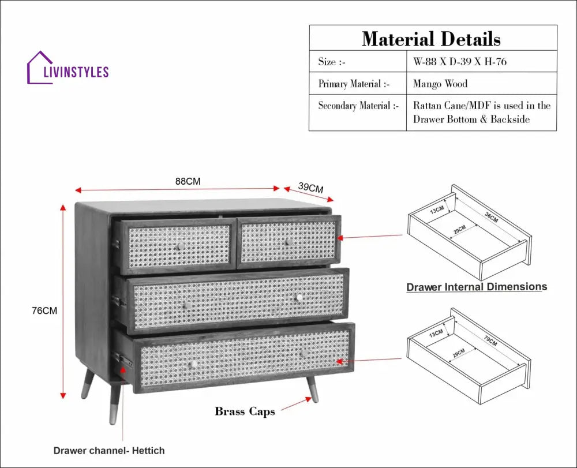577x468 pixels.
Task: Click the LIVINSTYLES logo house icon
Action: point(40,68)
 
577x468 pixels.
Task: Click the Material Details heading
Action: point(431,39)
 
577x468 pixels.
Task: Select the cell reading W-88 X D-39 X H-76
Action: point(460,62)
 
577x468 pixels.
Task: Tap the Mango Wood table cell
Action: point(440,84)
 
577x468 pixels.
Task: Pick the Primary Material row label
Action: point(354,84)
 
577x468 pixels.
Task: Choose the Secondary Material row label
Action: point(358,106)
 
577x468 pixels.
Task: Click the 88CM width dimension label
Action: point(188,181)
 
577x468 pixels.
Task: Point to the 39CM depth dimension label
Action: point(310,188)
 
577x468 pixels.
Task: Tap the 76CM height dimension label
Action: point(44,310)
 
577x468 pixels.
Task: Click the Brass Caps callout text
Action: point(245,411)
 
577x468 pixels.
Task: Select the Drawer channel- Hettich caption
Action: point(109,451)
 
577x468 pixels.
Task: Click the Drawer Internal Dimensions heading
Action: point(477,287)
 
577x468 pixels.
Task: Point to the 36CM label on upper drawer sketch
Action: point(492,218)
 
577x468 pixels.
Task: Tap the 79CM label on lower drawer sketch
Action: point(490,342)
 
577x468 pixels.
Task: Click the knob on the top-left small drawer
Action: point(180,246)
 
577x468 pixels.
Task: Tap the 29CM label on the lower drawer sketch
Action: point(459,353)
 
